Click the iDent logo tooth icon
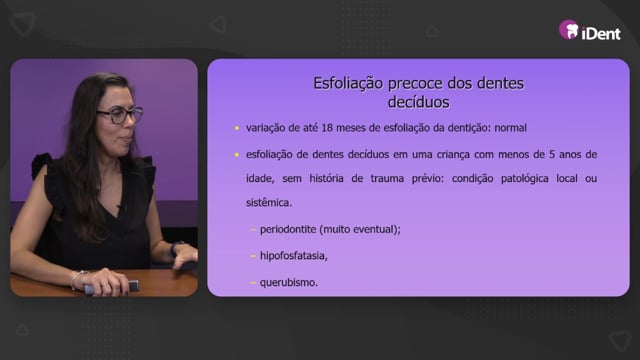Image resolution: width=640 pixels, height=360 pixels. [x=569, y=30]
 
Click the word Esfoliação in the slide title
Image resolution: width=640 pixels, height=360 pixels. [x=348, y=83]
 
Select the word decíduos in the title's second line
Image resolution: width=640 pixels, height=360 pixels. [x=418, y=102]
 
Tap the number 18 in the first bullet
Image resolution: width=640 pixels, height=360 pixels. [x=327, y=128]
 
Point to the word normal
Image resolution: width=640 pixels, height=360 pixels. [x=510, y=128]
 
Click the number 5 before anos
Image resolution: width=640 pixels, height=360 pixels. [x=552, y=154]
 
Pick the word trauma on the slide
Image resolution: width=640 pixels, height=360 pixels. [x=387, y=178]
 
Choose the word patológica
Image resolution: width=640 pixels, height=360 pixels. [x=524, y=179]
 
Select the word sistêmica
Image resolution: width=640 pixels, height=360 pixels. [x=268, y=202]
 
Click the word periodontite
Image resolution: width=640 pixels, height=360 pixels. [x=288, y=229]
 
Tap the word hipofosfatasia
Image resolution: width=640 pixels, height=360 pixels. [x=293, y=256]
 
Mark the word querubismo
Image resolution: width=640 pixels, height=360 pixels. [x=288, y=282]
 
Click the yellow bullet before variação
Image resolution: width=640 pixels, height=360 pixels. [x=237, y=128]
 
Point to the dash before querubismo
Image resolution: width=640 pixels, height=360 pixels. [x=253, y=282]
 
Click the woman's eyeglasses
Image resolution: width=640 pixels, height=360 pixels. [x=120, y=115]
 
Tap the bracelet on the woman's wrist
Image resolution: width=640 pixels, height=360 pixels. [x=76, y=279]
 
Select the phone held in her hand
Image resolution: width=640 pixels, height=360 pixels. [x=112, y=287]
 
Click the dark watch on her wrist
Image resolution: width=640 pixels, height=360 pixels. [x=176, y=248]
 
